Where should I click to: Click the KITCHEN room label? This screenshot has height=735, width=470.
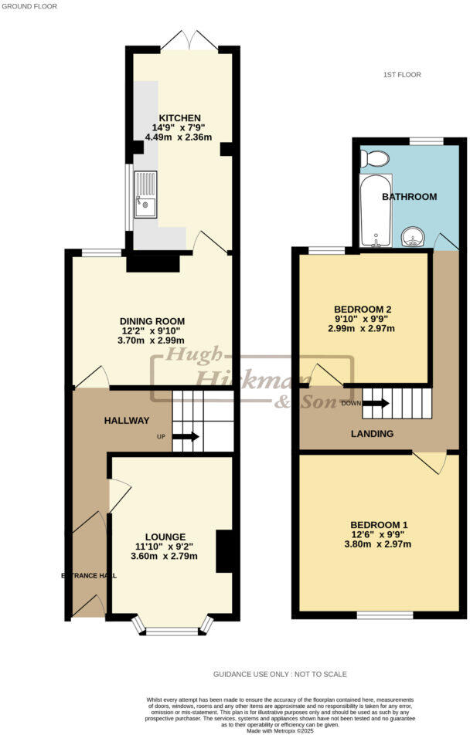[x=180, y=117]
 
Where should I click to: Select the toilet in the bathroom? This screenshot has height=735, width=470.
[x=376, y=159]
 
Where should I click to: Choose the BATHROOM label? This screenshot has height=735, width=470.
[x=409, y=197]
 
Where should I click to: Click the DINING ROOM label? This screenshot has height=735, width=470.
[x=152, y=321]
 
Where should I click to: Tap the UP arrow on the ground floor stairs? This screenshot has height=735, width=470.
[x=186, y=437]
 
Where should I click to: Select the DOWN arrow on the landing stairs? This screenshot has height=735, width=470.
[x=376, y=403]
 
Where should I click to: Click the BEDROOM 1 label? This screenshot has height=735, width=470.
[x=378, y=525]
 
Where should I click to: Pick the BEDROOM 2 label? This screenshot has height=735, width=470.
[x=360, y=309]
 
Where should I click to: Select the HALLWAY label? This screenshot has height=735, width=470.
[x=127, y=421]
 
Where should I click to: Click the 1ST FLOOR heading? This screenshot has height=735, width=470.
[x=402, y=75]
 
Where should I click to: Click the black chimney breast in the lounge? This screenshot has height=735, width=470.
[x=224, y=551]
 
